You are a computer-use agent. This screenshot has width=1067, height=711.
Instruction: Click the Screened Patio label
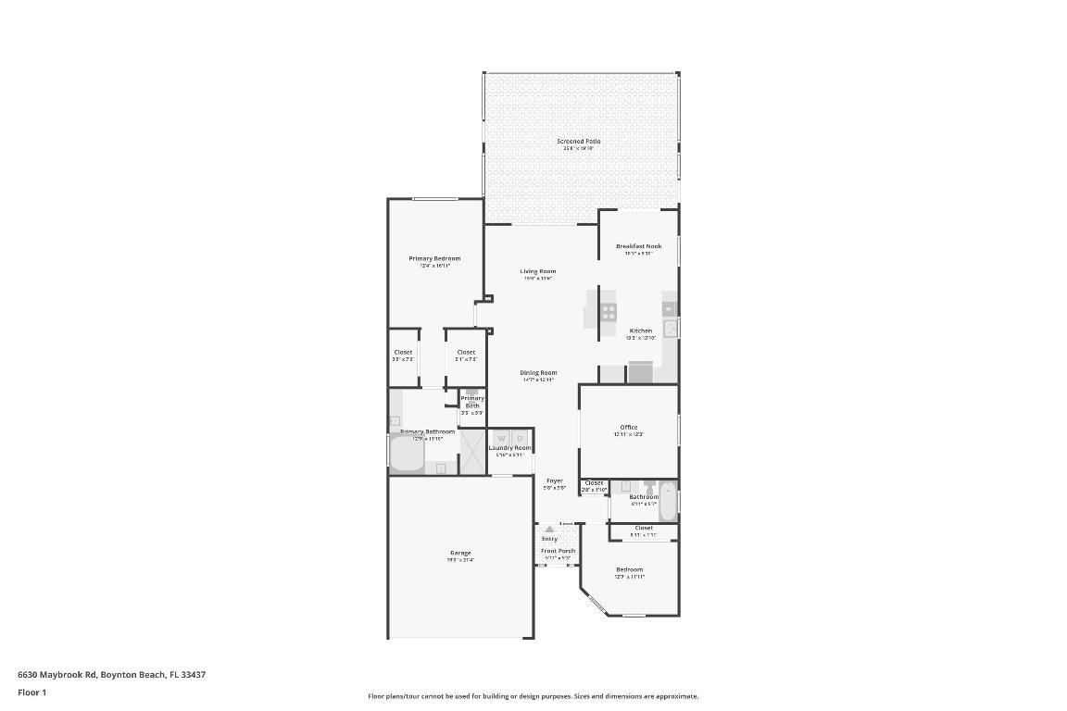coord(578,142)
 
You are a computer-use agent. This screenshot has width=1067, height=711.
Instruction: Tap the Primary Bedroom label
coord(434,258)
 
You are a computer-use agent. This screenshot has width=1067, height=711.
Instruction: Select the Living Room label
coord(537,271)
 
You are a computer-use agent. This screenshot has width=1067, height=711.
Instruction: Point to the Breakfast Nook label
coord(638,246)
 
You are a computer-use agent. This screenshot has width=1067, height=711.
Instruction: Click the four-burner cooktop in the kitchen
coord(609,312)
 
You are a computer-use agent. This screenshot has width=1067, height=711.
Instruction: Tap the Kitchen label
coord(640,331)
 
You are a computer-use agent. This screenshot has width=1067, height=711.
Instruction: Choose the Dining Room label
coord(537,373)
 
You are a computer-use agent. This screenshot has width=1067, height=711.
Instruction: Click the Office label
coord(628,427)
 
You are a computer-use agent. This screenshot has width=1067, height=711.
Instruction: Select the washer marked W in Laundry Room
coord(501,438)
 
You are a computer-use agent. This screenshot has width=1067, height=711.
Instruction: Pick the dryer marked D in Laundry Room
coord(520,438)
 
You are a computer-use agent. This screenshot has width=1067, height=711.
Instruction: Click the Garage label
coord(460,553)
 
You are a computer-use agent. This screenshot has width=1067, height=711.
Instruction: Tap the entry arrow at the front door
coord(549,530)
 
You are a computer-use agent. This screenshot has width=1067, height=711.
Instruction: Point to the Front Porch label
coord(558,551)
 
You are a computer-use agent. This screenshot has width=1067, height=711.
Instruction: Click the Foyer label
coord(554,480)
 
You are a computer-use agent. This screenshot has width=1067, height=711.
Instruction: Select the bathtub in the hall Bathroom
coord(668,501)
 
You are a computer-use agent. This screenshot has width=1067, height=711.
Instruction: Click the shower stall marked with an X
coord(472,454)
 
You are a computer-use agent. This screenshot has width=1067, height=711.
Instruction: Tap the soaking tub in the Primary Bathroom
coord(406,454)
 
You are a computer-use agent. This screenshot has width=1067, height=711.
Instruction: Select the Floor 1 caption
coord(31,692)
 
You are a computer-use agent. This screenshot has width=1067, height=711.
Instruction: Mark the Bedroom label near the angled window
coord(629,569)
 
